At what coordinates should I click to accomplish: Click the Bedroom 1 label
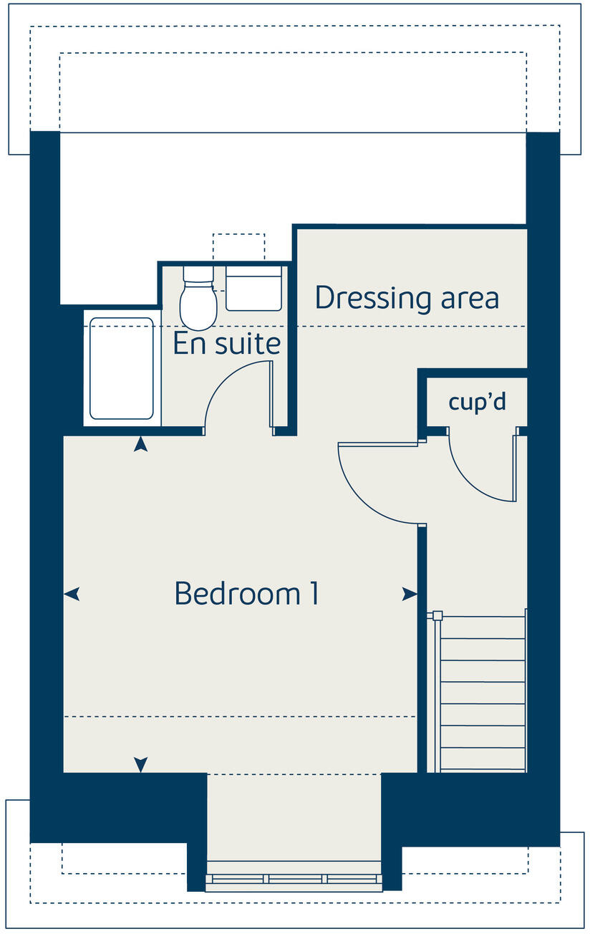click(x=246, y=594)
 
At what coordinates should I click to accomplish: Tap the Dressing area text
click(x=407, y=298)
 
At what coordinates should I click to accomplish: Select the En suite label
click(x=226, y=344)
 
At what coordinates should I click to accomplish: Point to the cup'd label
click(x=477, y=402)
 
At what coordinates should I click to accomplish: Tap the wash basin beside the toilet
click(x=253, y=289)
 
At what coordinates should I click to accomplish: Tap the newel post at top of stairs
click(x=437, y=615)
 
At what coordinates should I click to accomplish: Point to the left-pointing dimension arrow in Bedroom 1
click(x=72, y=594)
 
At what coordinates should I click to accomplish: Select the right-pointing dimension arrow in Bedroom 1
click(x=410, y=594)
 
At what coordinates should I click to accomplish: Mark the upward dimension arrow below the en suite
click(x=141, y=445)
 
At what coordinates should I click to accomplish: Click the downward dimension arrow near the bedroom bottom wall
click(x=141, y=764)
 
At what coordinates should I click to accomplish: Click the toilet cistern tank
click(x=198, y=274)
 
